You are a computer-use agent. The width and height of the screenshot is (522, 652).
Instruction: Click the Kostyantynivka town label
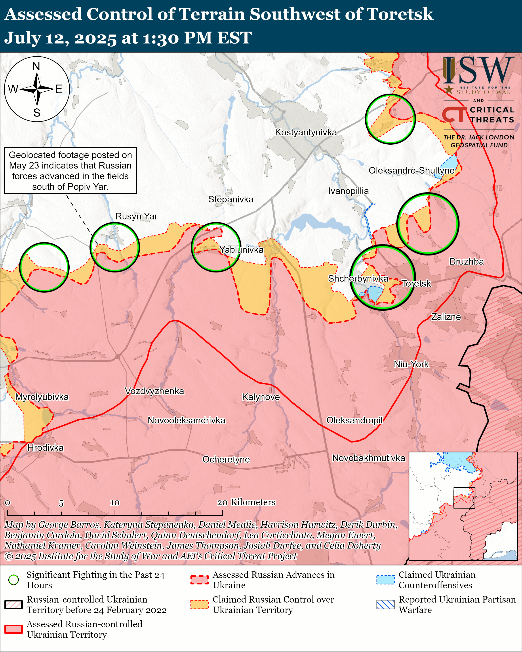coord(306,132)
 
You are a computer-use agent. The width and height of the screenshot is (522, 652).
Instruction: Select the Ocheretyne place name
coord(226,459)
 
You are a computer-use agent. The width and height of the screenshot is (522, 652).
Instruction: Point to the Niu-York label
coord(411,364)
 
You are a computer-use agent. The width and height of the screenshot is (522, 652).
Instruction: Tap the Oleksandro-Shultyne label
coord(411,170)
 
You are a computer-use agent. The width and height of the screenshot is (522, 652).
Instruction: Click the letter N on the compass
coord(36,66)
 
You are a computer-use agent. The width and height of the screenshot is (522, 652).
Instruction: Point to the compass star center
coord(37,89)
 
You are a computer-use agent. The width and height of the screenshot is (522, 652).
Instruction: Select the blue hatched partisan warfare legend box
coord(385,604)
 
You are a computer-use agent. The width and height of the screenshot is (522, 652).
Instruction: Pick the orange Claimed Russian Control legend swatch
coord(199,604)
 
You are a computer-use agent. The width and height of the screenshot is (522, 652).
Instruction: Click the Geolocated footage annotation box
coord(70,170)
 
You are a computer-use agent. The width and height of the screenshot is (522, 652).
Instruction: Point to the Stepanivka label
coord(231,199)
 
